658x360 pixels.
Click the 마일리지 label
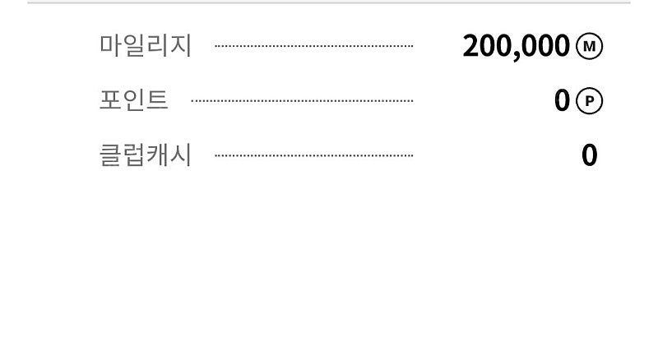pos(146,45)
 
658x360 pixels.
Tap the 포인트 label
pos(134,99)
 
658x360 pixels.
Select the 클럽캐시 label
pos(146,155)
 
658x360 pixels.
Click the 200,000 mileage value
pos(517,46)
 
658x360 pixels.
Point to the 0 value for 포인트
pos(563,101)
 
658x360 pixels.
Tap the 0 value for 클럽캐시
pos(589,155)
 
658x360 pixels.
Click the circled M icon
pos(589,46)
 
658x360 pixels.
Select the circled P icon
pos(589,101)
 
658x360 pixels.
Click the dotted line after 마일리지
pos(314,46)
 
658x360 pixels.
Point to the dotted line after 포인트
pos(302,101)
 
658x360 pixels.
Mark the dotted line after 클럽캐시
pos(314,155)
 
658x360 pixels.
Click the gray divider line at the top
pos(329,2)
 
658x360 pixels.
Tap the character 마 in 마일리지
pos(111,45)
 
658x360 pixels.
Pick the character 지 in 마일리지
pos(181,45)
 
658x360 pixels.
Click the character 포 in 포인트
pos(111,99)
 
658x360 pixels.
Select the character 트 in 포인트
pos(157,99)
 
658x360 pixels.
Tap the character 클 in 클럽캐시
pos(111,155)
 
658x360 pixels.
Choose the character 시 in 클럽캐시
pos(181,155)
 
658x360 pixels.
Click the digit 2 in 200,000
pos(470,46)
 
